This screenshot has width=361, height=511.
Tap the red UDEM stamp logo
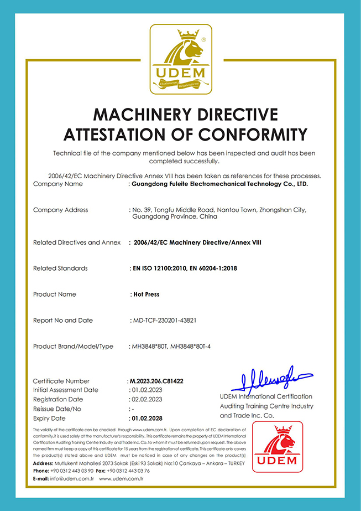(277, 447)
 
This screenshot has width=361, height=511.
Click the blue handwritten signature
(271, 379)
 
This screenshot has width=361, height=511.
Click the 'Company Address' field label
(61, 210)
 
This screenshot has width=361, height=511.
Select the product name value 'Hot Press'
(146, 295)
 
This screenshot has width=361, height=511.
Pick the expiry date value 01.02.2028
(147, 419)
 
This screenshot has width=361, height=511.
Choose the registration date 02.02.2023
(147, 399)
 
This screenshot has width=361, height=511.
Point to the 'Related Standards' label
(60, 269)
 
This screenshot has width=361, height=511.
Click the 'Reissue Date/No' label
(57, 409)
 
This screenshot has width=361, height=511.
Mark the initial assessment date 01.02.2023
(147, 390)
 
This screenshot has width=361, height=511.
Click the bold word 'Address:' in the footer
(43, 463)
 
